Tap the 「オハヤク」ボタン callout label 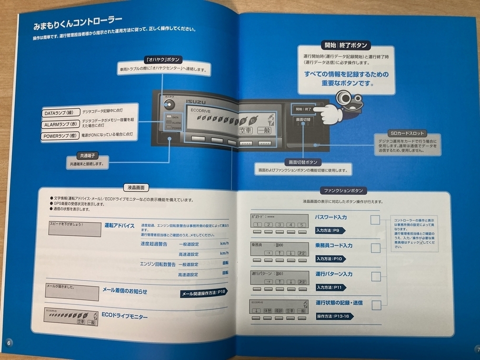tap(162, 60)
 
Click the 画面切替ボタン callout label tap(302, 162)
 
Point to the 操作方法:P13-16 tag tap(332, 316)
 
